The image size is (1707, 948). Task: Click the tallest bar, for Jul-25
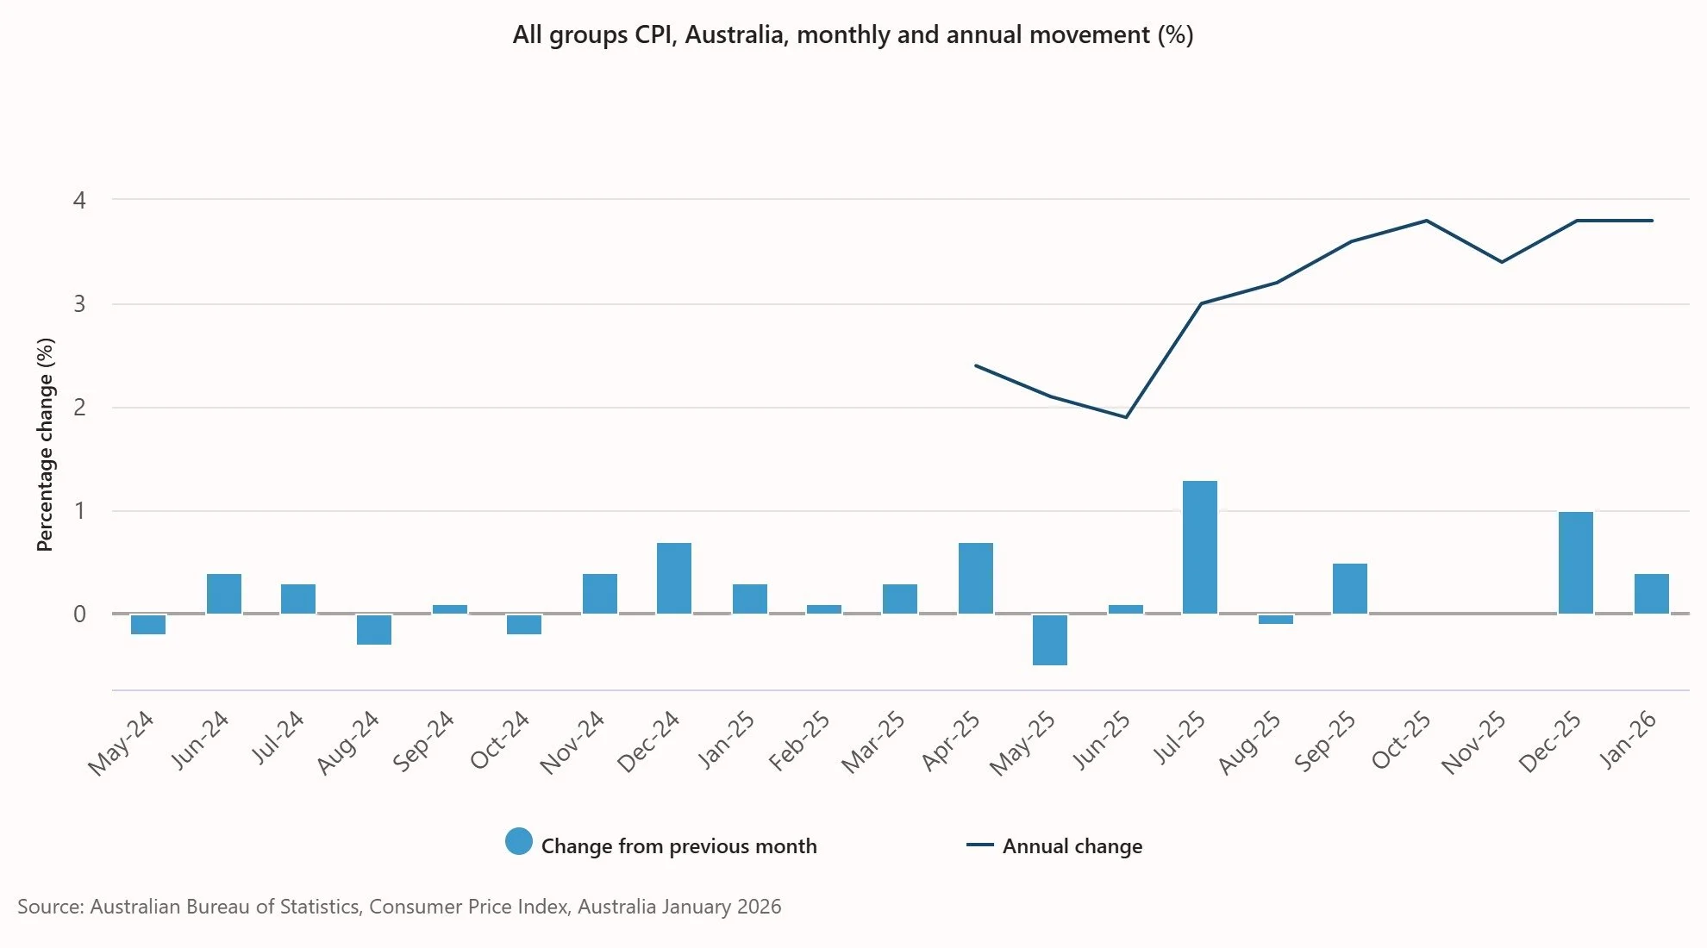(1199, 547)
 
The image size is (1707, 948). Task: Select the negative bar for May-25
(1049, 639)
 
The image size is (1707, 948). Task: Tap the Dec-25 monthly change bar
(1575, 563)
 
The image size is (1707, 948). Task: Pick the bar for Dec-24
(673, 578)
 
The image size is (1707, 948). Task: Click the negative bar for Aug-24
(373, 629)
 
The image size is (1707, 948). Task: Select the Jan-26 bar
(1651, 594)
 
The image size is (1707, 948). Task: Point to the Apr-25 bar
(975, 578)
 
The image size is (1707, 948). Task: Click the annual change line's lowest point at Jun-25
(1125, 417)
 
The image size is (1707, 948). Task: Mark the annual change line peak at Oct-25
(1426, 221)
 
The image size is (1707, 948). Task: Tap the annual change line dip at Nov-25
(1501, 262)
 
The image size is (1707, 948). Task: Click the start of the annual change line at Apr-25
(976, 365)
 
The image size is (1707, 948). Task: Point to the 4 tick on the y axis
(79, 201)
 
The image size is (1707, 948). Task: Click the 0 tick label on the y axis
(79, 614)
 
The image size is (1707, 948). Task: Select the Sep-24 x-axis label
(422, 741)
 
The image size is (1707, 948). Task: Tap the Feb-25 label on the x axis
(799, 741)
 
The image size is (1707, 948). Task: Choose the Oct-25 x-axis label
(1401, 741)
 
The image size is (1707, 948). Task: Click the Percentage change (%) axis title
(45, 444)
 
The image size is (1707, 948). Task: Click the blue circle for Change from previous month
(518, 842)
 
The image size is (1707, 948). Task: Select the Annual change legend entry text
(1072, 846)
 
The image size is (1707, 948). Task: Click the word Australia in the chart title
(734, 34)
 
